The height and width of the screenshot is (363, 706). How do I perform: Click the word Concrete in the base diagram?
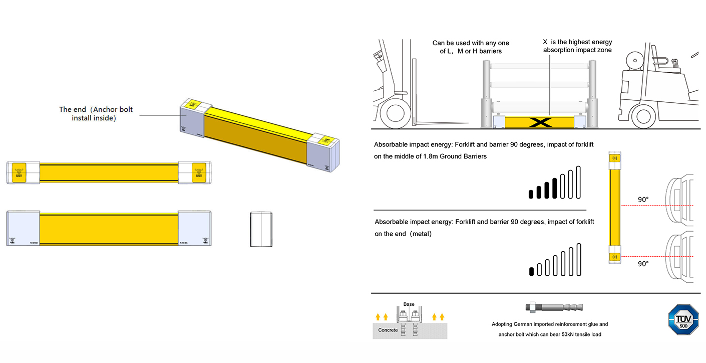388,330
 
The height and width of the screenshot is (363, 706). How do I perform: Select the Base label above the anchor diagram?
409,304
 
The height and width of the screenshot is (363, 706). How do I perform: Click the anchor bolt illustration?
554,307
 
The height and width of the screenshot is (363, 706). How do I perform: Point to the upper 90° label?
643,200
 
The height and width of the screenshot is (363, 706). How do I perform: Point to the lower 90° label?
643,264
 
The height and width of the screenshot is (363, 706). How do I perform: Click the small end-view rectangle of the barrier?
261,229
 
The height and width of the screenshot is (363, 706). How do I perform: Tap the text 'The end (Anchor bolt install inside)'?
96,114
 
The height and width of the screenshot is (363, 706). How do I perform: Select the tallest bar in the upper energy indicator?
579,182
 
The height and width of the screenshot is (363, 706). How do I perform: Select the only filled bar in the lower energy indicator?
531,272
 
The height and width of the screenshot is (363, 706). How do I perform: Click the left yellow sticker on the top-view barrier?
19,172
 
